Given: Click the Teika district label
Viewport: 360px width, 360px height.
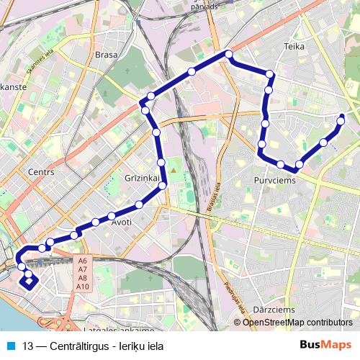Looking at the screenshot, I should click(294, 46).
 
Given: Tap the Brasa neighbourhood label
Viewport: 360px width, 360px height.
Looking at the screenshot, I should click(106, 54).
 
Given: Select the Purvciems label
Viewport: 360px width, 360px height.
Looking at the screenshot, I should click(274, 180).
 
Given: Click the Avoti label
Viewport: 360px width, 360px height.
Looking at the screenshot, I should click(121, 222).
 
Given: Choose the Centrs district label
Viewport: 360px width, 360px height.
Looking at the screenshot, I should click(40, 172).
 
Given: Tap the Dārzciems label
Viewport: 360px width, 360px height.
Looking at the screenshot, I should click(274, 310).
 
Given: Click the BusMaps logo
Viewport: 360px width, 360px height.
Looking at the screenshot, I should click(326, 345).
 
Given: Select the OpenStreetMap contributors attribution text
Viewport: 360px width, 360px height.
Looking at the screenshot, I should click(297, 323).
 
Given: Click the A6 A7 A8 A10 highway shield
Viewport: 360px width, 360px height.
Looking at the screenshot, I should click(82, 274).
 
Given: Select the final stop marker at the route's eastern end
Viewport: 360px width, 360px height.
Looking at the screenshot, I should click(341, 117).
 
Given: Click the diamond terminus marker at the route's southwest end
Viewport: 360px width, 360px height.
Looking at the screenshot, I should click(29, 281).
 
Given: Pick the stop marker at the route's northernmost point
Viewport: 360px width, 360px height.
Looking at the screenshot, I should click(228, 54).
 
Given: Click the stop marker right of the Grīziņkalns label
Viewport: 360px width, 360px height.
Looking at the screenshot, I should click(163, 185).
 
